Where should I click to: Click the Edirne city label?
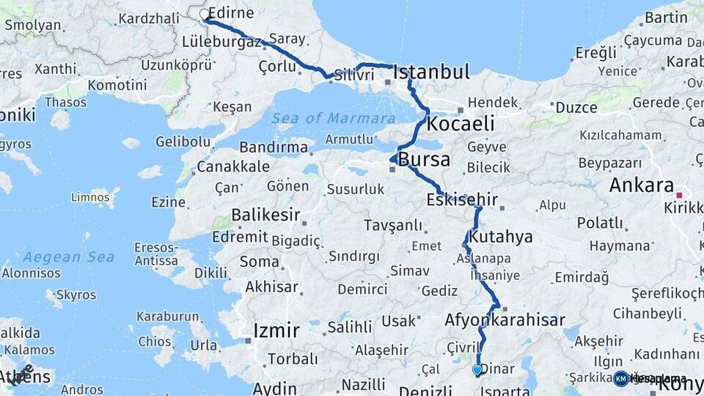coord(232,13)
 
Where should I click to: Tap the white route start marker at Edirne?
coord(205,14)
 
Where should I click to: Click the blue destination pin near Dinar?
coord(477,370)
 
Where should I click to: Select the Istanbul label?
coord(431,72)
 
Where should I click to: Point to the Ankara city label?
coord(641,185)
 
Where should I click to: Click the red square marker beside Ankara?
coord(680,195)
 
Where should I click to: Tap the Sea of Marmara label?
coord(334,118)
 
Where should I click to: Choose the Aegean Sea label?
coord(68,257)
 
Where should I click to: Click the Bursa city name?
coord(425,160)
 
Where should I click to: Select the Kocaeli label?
coord(461,122)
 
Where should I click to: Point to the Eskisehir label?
coord(462,199)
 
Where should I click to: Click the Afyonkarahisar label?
coord(505,320)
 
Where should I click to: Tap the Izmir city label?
coord(276,331)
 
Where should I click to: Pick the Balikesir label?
coord(265,215)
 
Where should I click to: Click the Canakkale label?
coord(233,166)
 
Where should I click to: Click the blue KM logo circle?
coord(621,378)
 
